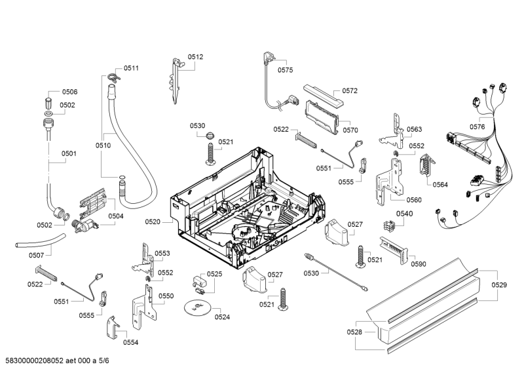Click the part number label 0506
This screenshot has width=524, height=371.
(69, 92)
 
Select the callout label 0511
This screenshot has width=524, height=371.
(132, 68)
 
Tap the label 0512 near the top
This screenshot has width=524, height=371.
(195, 57)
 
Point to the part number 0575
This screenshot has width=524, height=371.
(285, 69)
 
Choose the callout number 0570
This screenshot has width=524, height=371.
(350, 121)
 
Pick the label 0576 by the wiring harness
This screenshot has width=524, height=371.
(477, 127)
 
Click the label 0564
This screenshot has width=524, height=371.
(440, 184)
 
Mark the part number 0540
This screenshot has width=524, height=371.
(405, 213)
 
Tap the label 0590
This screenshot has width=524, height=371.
(419, 264)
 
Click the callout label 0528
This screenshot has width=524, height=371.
(354, 332)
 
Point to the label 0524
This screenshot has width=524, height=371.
(222, 317)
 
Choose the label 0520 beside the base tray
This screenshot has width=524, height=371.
(153, 222)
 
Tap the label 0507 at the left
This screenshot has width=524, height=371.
(37, 255)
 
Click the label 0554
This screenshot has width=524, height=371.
(130, 342)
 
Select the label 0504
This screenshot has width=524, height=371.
(116, 216)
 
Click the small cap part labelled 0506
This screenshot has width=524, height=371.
(48, 102)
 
